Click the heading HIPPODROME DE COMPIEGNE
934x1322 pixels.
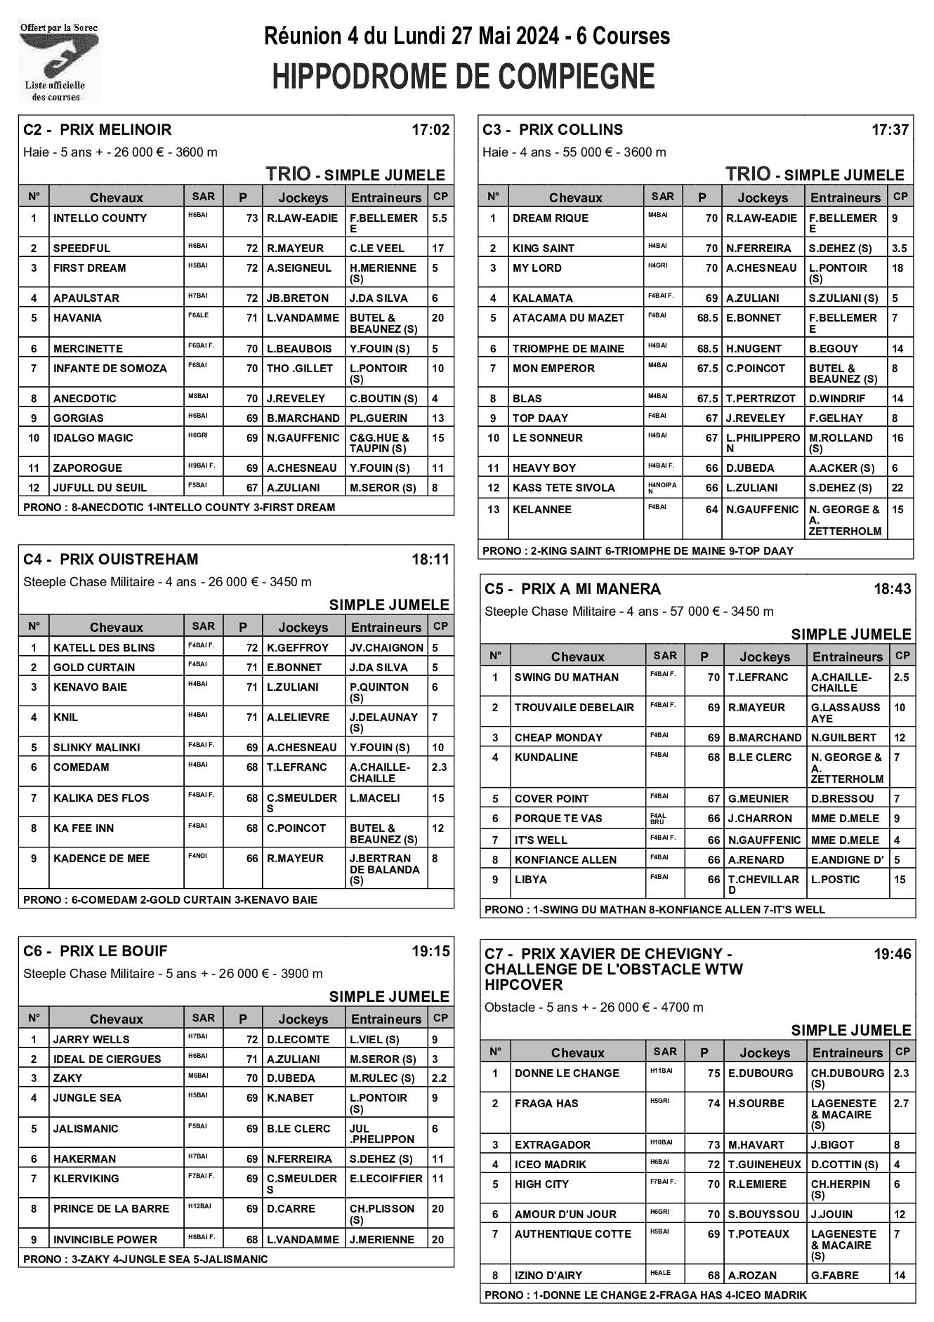pos(463,77)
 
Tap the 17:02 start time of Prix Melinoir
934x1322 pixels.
pos(430,130)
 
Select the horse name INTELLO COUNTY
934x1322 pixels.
pos(100,218)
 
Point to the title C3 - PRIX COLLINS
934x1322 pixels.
pos(553,130)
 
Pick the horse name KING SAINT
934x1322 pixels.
pos(543,248)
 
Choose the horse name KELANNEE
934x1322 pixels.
pos(541,510)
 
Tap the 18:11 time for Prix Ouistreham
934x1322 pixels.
pos(430,560)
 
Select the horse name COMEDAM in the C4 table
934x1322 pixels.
pos(81,767)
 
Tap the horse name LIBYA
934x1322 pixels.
pos(530,880)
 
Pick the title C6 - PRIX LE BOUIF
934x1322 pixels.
pos(96,951)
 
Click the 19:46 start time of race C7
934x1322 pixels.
pos(892,954)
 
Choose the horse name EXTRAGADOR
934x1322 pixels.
pos(552,1145)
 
